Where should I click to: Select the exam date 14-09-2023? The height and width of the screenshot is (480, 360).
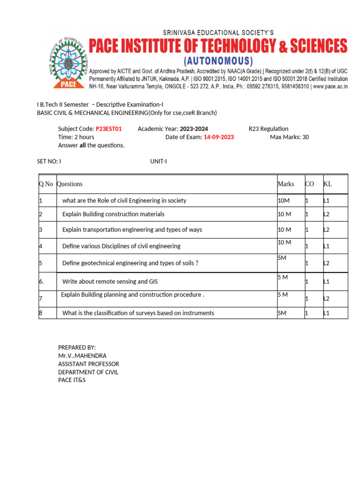[x=218, y=137]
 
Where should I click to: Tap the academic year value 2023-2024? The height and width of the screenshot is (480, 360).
[x=194, y=129]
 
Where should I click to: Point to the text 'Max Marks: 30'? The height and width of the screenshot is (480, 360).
[x=289, y=137]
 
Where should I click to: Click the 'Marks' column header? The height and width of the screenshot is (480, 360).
[x=286, y=184]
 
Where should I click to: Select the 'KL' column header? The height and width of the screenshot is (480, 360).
[x=328, y=184]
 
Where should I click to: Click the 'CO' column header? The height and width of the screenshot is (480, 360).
[x=309, y=184]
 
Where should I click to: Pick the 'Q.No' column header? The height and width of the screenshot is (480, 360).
[x=46, y=184]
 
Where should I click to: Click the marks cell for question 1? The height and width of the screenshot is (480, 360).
[x=285, y=201]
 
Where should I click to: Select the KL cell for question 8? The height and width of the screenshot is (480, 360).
[x=327, y=313]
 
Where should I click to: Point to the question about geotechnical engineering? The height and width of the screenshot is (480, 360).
[x=130, y=263]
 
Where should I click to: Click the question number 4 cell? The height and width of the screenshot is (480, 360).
[x=41, y=246]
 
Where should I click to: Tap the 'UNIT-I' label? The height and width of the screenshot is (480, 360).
[x=158, y=161]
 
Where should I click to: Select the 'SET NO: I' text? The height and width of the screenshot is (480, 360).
[x=49, y=161]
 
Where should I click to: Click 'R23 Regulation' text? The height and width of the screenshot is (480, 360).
[x=268, y=129]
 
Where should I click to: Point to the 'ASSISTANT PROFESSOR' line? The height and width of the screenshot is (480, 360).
[x=88, y=364]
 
